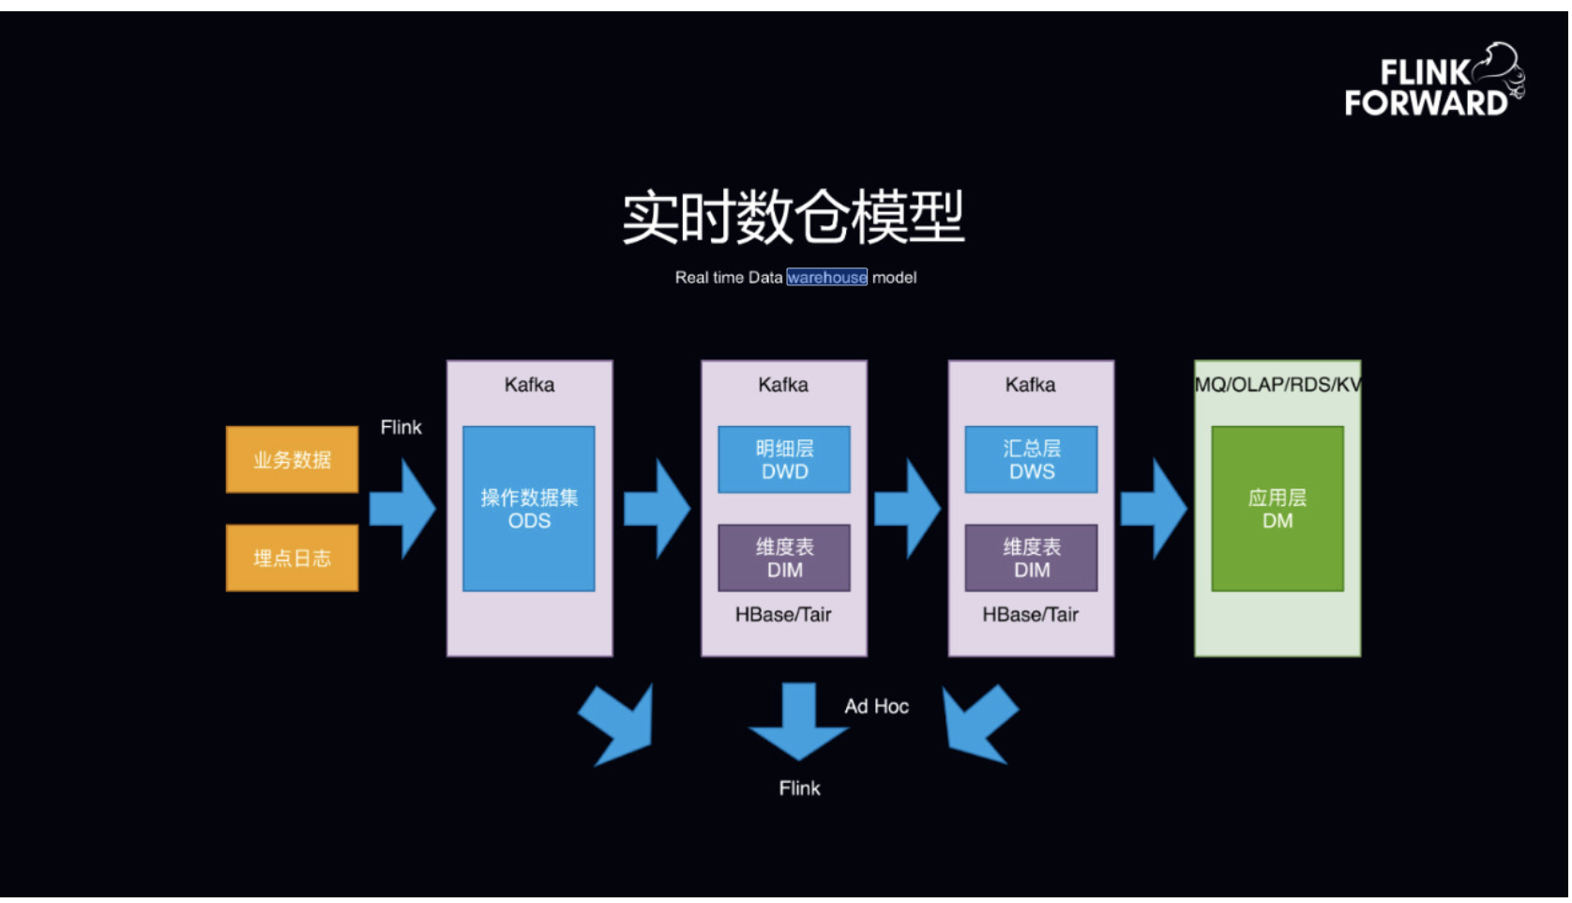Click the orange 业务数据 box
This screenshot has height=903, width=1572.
click(292, 460)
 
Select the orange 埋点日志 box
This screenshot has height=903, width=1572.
click(292, 558)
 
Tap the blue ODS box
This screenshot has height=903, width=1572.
click(529, 509)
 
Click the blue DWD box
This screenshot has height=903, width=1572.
click(784, 460)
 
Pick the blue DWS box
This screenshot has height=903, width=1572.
click(1031, 460)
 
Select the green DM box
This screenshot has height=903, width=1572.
click(1277, 509)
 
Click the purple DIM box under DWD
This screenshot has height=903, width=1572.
click(784, 558)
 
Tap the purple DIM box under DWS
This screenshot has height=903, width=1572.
click(1031, 558)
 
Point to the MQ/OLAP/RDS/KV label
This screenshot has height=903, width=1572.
click(1277, 385)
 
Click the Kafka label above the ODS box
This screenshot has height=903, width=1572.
click(529, 385)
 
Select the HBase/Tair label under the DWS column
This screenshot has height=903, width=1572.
click(1030, 615)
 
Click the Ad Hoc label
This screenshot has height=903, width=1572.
click(876, 706)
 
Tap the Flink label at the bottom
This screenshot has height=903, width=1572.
click(799, 788)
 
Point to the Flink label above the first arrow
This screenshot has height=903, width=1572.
click(401, 427)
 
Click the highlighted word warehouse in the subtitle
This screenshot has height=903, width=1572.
click(826, 277)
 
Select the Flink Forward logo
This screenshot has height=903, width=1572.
click(1433, 82)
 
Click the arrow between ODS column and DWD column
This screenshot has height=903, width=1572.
click(658, 509)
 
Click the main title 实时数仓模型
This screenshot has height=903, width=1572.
click(794, 217)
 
